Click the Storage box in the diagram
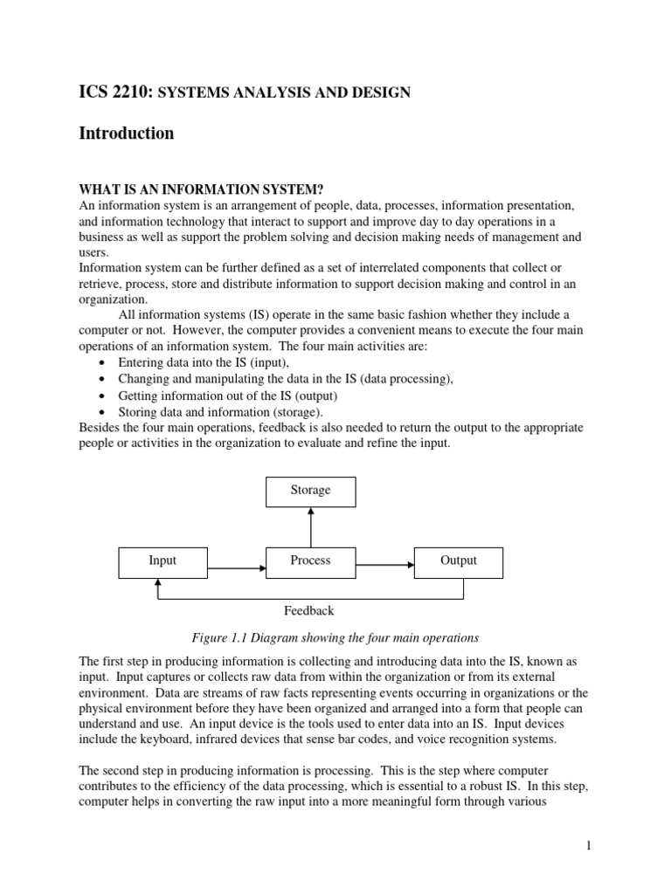pos(310,492)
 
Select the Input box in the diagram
pos(163,561)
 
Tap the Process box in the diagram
pos(310,561)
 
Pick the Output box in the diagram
pos(459,561)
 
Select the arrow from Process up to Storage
pos(311,526)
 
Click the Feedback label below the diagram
pos(309,611)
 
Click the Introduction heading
pos(126,134)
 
